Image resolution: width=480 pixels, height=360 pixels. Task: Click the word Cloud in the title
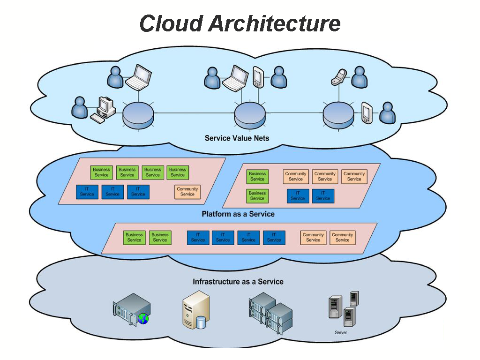coord(172,23)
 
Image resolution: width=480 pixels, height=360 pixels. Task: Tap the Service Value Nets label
coord(237,138)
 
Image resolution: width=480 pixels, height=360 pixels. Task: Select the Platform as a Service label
coord(238,214)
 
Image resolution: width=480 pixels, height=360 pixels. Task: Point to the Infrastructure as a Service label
coord(238,282)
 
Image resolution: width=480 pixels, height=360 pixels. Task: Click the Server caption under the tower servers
coord(341,332)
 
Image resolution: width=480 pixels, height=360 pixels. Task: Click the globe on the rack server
coord(143,319)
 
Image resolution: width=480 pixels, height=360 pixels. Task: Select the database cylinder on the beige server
coord(201,322)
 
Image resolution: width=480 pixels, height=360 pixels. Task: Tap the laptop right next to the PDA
coord(235,77)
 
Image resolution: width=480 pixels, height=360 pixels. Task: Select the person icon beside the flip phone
coord(359,76)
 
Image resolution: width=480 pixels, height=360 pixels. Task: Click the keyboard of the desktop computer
coord(98,118)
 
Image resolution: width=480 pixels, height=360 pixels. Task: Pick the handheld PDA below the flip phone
coord(367,113)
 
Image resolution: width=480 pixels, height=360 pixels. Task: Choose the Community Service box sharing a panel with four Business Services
coord(187,192)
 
